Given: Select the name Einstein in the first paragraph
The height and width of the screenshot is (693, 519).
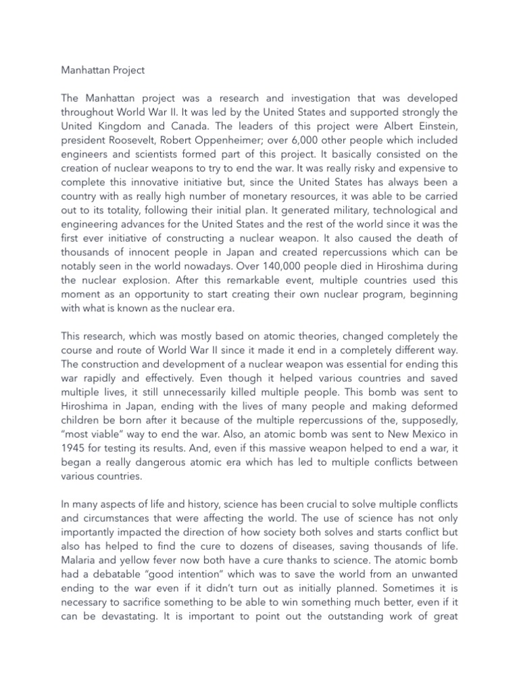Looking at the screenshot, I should click(435, 126).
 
